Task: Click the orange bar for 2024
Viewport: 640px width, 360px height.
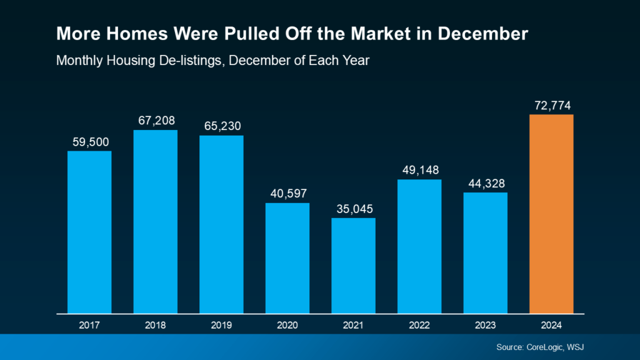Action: (x=551, y=214)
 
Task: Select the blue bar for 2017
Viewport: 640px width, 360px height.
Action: (x=89, y=232)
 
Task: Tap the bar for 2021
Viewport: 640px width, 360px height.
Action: (x=353, y=265)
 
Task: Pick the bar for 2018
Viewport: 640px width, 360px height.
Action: (x=155, y=221)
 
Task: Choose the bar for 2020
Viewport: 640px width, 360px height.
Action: (x=287, y=257)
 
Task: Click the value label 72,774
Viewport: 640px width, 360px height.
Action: (x=551, y=105)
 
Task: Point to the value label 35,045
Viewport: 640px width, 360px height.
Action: (x=353, y=208)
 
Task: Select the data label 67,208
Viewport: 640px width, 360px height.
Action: (x=155, y=120)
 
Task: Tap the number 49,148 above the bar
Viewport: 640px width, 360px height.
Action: (x=419, y=170)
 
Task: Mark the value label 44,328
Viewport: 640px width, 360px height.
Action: (x=485, y=182)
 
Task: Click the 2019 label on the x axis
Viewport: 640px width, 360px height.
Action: (x=221, y=325)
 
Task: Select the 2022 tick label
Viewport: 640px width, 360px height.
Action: (x=419, y=325)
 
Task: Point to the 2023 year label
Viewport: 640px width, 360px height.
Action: (x=485, y=325)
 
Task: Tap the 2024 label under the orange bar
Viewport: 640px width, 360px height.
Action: (x=551, y=325)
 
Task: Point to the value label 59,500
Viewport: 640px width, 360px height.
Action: (x=89, y=141)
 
